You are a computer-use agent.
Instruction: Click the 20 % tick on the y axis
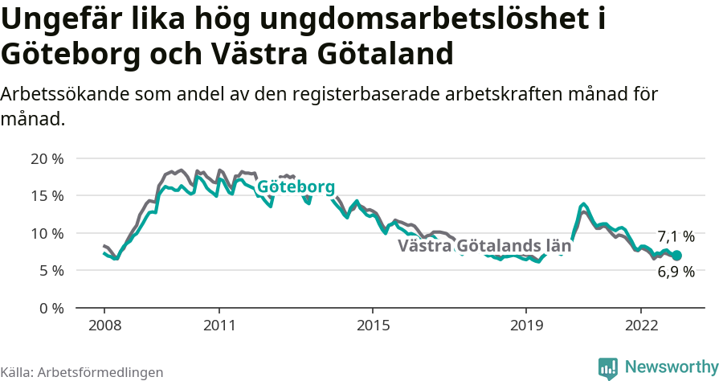[47, 158]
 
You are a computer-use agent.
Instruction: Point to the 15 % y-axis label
[47, 195]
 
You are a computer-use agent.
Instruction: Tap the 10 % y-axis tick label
[47, 233]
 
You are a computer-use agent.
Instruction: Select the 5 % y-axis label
[51, 270]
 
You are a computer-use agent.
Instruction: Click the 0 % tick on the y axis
[51, 308]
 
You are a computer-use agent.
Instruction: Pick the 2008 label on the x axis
[104, 326]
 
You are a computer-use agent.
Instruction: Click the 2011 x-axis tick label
[219, 326]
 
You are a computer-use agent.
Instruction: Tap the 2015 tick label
[373, 326]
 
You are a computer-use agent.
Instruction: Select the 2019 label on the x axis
[526, 326]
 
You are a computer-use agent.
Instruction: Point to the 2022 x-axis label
[641, 326]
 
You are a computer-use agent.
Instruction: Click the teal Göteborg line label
[296, 187]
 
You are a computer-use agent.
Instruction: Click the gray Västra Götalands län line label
[484, 247]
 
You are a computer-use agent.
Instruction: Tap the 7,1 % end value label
[676, 236]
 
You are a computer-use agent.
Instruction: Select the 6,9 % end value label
[676, 272]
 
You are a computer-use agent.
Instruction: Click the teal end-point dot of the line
[676, 256]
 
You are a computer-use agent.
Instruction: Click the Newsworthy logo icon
[608, 367]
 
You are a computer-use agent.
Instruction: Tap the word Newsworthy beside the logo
[672, 367]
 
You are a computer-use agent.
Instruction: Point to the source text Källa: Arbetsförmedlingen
[82, 372]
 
